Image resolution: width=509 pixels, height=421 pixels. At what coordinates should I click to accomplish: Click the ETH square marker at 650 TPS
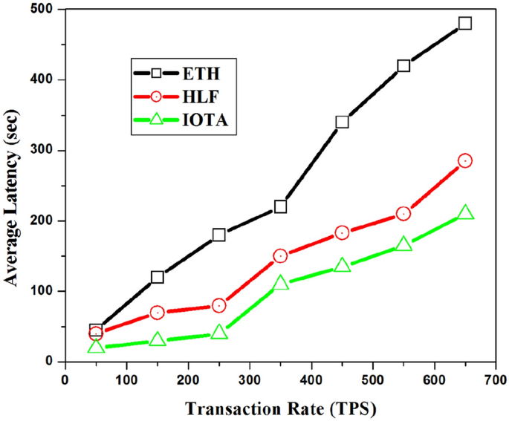click(465, 23)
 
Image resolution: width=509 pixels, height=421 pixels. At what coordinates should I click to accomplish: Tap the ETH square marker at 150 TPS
click(158, 277)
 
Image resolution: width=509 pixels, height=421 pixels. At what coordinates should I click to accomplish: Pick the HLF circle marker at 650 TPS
click(465, 160)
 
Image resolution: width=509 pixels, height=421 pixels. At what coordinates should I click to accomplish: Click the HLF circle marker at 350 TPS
click(280, 255)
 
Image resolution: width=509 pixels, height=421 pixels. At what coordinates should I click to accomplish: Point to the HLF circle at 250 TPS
click(219, 305)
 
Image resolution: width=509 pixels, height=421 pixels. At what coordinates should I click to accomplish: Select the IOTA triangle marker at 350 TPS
click(280, 284)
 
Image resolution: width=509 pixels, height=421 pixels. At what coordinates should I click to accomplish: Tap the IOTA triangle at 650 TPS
click(465, 213)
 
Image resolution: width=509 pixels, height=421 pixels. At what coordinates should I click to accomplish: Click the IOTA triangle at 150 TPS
click(158, 340)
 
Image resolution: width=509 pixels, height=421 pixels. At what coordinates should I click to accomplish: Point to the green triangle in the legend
click(156, 119)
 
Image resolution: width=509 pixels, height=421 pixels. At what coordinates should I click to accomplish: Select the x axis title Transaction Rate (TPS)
click(280, 408)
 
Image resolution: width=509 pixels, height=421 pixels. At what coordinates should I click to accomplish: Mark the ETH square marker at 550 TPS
click(403, 65)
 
